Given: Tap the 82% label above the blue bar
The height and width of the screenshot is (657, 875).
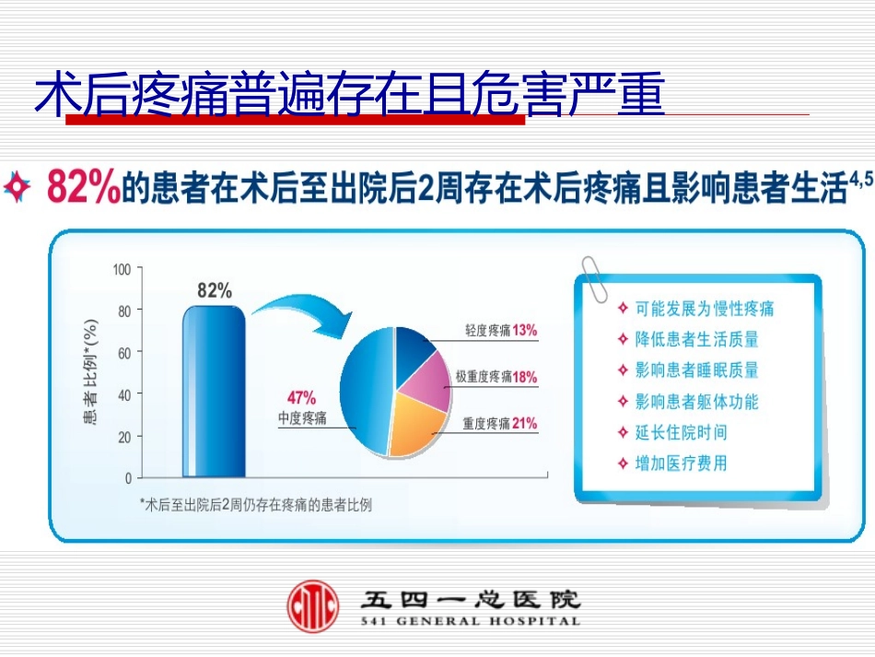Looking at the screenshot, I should click(215, 291).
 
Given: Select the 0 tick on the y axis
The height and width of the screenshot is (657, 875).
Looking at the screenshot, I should click(128, 478).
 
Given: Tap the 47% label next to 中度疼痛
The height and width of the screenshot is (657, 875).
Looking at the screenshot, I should click(301, 398).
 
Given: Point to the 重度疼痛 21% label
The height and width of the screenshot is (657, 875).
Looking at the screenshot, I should click(499, 424).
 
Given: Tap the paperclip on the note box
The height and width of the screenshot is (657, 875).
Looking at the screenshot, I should click(591, 276).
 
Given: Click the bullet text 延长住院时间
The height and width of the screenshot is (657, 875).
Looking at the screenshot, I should click(681, 432).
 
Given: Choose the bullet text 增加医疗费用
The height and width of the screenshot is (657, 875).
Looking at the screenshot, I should click(681, 463).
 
